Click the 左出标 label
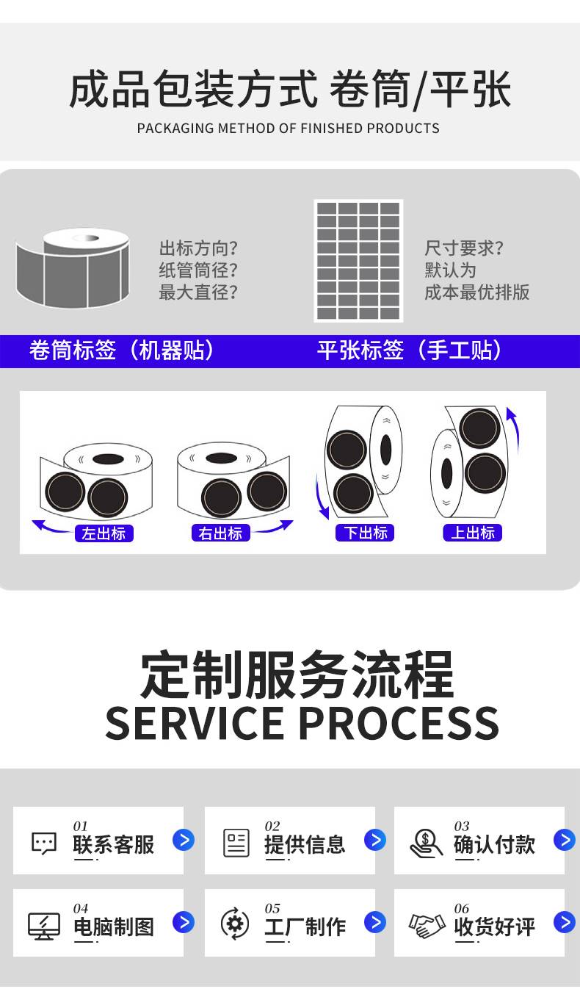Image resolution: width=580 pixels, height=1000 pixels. pos(104,534)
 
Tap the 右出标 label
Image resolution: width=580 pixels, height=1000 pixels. pos(220,534)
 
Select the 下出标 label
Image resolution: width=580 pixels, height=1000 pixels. pos(365,533)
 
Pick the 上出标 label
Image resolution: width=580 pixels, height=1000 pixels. pos(472,533)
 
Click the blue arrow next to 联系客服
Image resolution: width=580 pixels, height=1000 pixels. pos(184,840)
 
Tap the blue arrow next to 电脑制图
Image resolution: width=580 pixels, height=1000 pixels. pos(184,922)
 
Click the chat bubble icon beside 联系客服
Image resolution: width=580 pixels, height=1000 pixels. pos(44,843)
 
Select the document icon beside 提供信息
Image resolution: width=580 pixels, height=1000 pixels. pos(236,843)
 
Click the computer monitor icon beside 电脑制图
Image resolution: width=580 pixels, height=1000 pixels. pos(44,925)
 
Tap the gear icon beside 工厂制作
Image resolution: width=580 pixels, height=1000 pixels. pos(235,924)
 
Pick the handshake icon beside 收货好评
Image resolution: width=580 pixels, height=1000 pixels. pos(427,924)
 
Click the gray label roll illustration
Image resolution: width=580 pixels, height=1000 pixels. pos(73,267)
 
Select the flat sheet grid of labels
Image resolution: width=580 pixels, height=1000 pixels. pos(358,261)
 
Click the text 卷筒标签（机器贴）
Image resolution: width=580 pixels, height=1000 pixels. pos(122,350)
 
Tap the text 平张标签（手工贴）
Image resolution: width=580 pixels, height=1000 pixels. pos(410,350)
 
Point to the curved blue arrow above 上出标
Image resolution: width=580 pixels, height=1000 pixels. pos(513,430)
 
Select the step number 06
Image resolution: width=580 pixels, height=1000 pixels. pos(461,909)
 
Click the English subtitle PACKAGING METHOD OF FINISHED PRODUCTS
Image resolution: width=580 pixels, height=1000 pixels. pos(288,129)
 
